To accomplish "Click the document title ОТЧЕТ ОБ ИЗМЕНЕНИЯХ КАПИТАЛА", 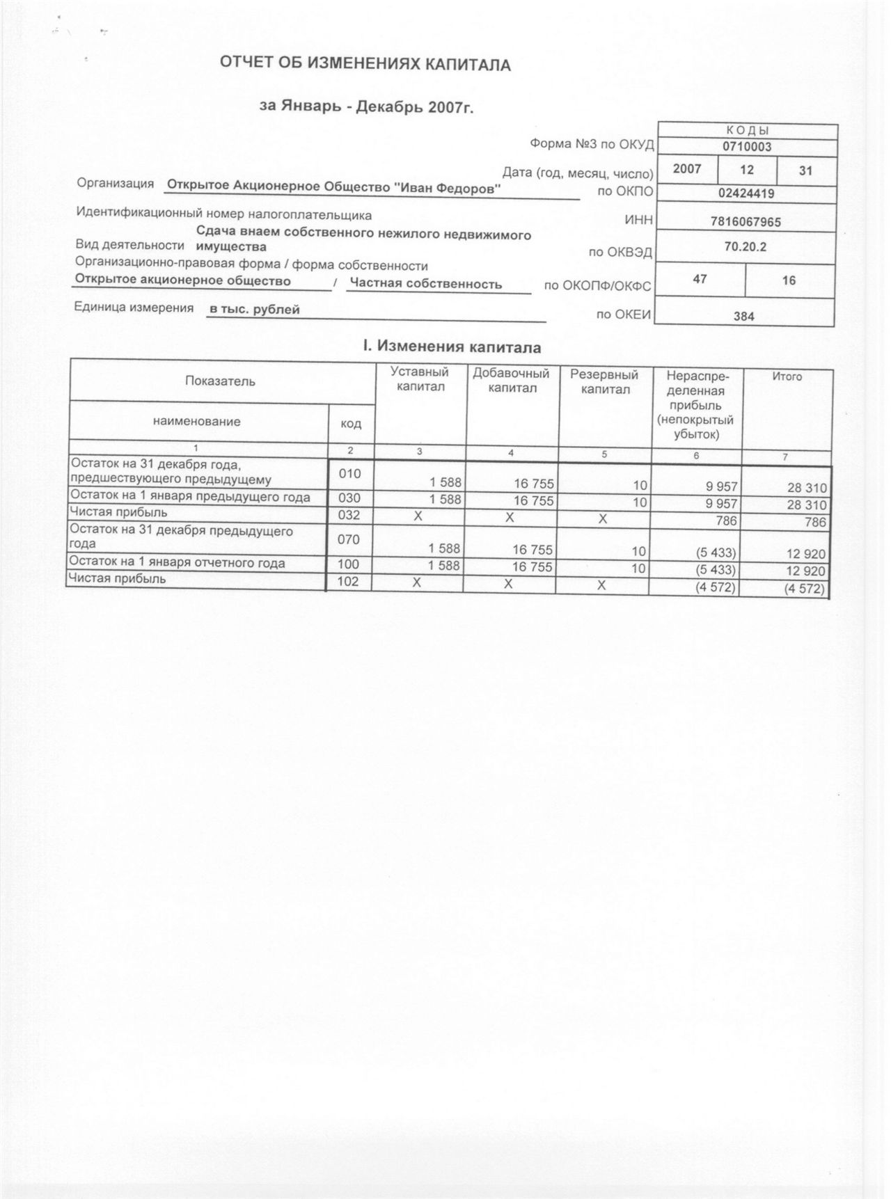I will coord(365,65).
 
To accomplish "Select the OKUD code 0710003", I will coord(746,147).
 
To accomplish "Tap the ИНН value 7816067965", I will coord(746,222).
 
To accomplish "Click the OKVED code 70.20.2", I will coord(745,246).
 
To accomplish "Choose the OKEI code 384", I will coord(744,316).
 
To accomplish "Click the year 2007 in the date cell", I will coord(687,169).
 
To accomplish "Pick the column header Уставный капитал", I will coord(420,379).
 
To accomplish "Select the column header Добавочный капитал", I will coord(512,381).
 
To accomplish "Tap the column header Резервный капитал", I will coord(604,381).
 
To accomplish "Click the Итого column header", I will coord(787,376).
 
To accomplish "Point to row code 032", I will coord(349,514).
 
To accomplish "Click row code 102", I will coord(348,581).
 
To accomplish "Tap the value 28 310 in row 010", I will coord(807,489).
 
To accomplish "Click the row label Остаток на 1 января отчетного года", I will coord(177,563).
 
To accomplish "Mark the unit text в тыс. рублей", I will coord(255,310).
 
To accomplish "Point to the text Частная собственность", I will coord(426,283).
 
